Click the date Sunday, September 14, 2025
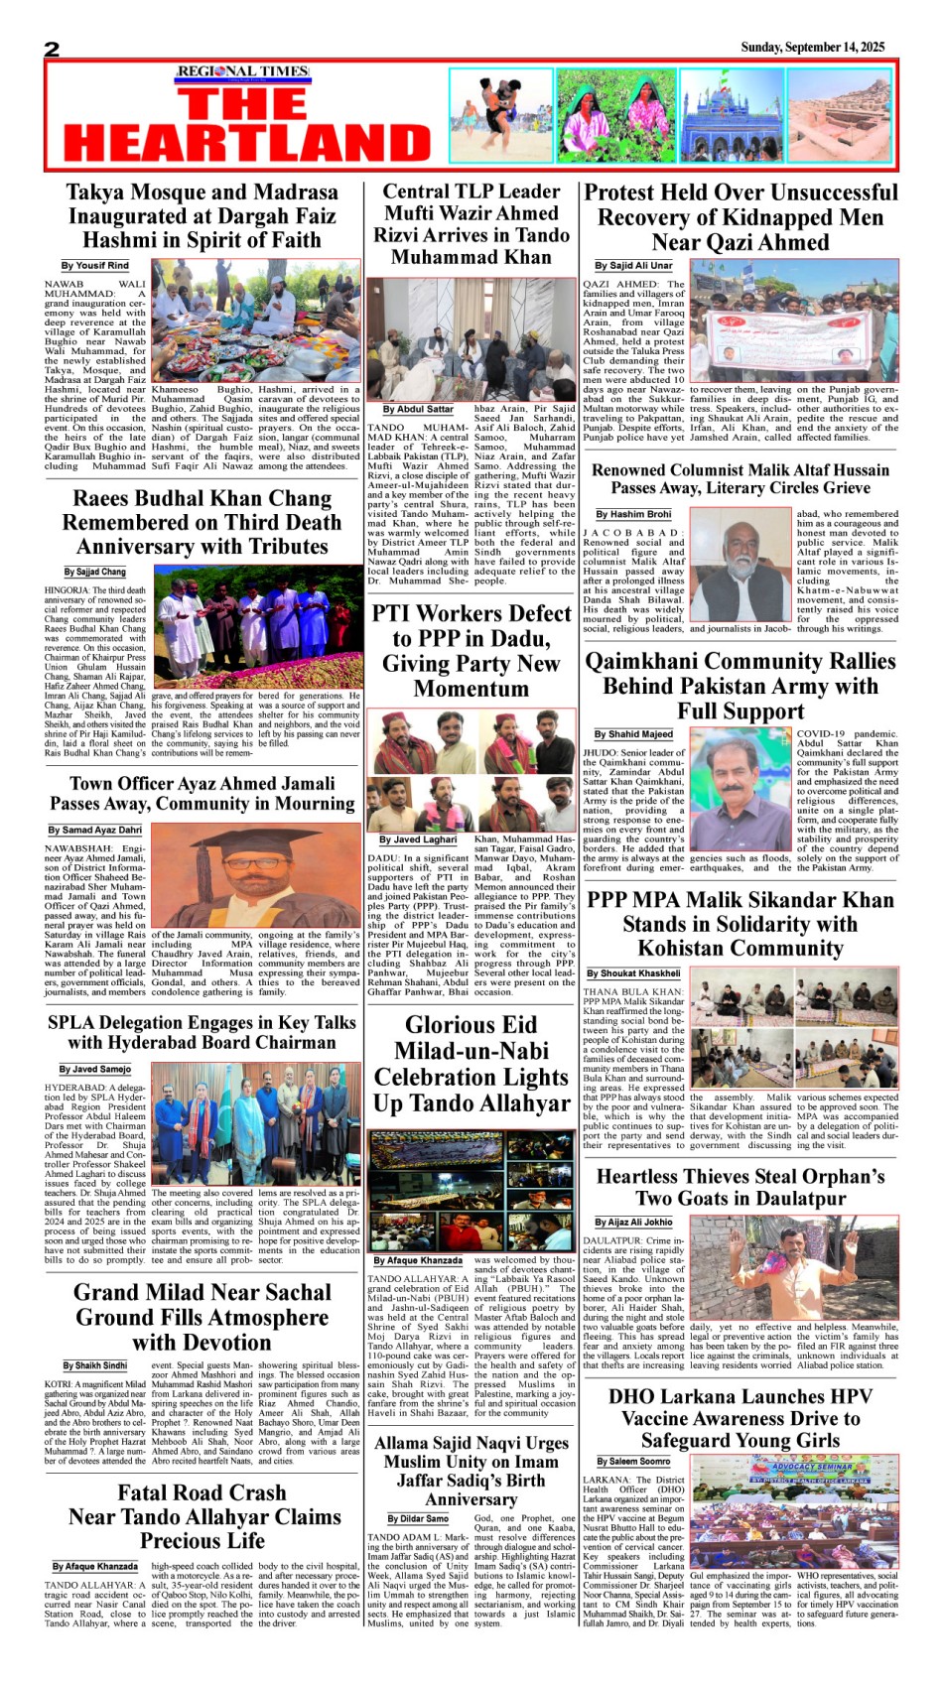812,48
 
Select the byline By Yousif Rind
94,266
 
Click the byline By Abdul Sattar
418,409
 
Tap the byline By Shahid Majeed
633,734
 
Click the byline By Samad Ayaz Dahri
95,830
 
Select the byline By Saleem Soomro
633,1461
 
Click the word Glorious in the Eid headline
471,1025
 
